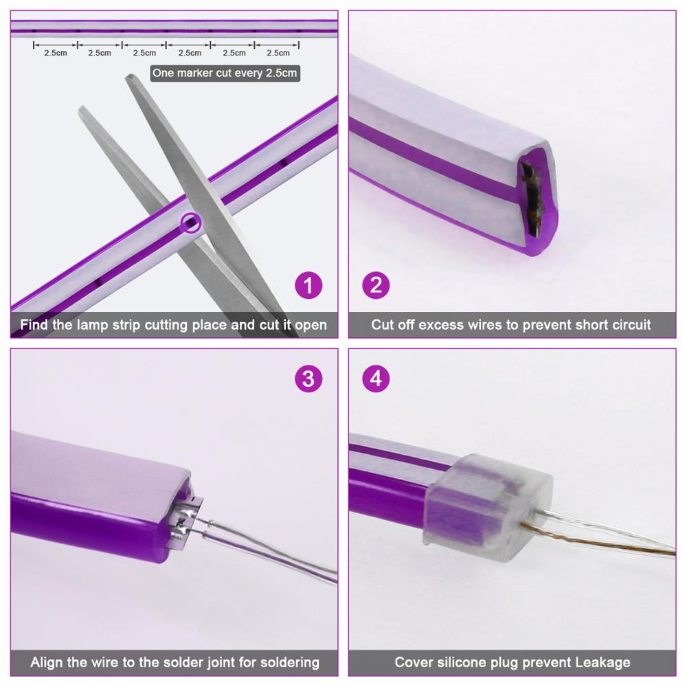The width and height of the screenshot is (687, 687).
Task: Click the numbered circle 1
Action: pos(308,285)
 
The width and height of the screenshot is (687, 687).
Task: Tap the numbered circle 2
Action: pos(376,285)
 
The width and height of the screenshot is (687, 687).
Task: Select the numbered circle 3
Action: pos(308,379)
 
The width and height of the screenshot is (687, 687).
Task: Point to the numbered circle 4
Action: pos(376,379)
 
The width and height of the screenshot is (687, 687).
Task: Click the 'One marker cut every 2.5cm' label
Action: pos(225,73)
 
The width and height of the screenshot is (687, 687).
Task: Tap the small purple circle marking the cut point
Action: pos(190,223)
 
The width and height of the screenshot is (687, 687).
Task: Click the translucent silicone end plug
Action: pos(487,508)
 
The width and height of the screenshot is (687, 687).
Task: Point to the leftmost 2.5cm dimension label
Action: pos(56,53)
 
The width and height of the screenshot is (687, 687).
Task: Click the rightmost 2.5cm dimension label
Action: pos(278,53)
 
